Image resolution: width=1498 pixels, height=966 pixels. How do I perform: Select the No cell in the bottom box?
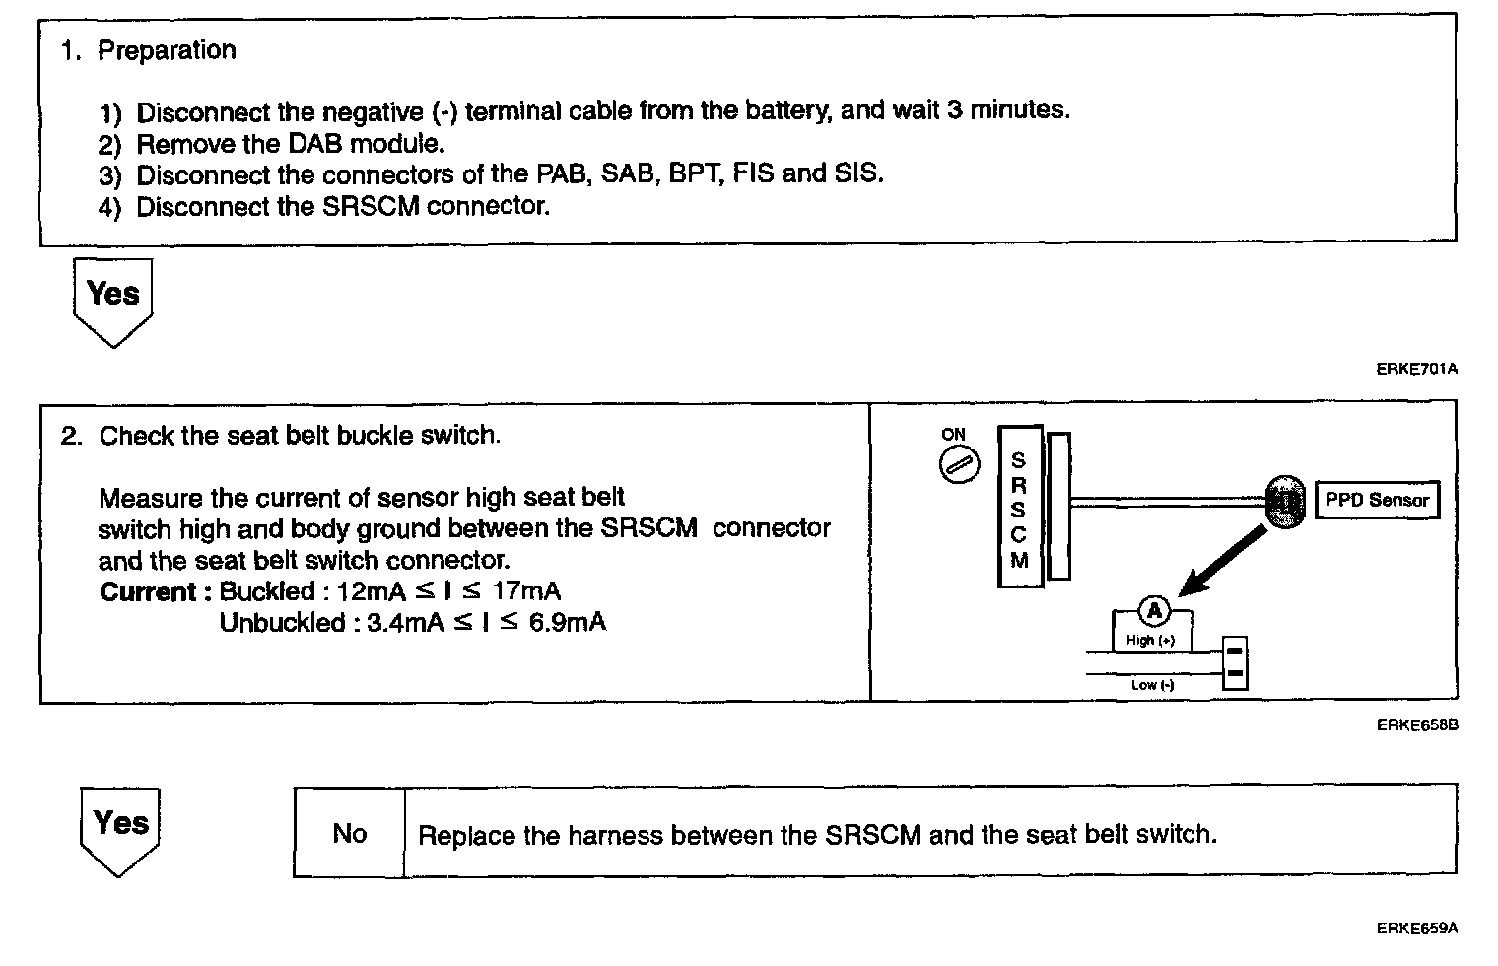tap(349, 834)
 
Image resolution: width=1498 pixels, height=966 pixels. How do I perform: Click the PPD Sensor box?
tap(1376, 500)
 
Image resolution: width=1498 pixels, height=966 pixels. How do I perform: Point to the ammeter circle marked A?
tap(1154, 612)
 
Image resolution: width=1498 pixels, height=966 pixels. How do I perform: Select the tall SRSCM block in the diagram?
tap(1019, 509)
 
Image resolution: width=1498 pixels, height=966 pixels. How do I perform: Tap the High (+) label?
tap(1150, 640)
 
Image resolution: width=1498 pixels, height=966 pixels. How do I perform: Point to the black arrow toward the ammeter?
tap(1221, 562)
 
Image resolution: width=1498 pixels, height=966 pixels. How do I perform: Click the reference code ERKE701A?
tap(1416, 369)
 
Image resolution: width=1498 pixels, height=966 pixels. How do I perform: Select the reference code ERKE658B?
tap(1416, 725)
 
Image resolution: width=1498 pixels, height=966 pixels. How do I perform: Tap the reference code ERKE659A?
tap(1416, 928)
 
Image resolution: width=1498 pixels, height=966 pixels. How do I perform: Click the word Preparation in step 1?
tap(167, 50)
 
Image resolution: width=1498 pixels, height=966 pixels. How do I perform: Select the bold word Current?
tap(148, 592)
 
